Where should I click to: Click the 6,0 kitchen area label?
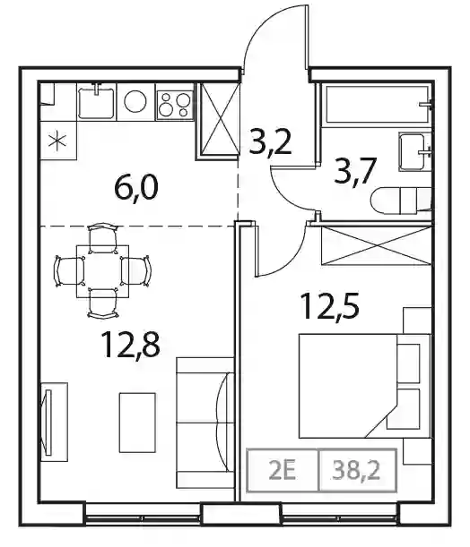point(136,188)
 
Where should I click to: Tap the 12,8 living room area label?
point(130,345)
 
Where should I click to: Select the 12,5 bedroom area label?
point(330,307)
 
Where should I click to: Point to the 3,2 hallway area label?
point(270,142)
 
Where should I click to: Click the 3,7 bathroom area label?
point(355,171)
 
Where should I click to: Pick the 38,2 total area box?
point(358,470)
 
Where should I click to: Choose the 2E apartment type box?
point(283,470)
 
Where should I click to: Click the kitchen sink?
point(96,101)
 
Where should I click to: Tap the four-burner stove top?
point(175,105)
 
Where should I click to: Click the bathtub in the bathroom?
point(378,105)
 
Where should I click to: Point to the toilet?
point(401,201)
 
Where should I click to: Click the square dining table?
point(103,271)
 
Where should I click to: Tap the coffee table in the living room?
point(137,423)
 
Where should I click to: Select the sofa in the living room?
point(205,423)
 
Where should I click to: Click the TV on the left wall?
point(48,422)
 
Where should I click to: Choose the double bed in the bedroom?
point(364,386)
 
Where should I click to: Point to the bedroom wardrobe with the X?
point(377,245)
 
